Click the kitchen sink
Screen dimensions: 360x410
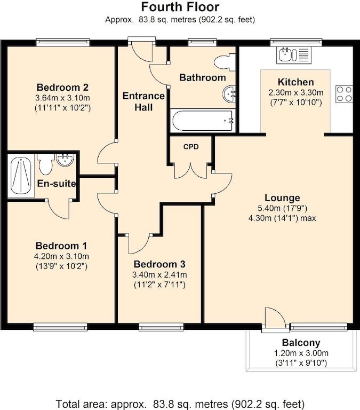[294, 55]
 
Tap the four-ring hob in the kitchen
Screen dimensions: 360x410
[344, 94]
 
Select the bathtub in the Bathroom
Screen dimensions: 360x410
[203, 121]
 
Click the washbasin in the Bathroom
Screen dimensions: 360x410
[229, 94]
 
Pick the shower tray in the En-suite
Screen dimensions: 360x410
[21, 176]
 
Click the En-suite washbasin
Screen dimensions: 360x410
[65, 160]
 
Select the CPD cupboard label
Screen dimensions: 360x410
[191, 147]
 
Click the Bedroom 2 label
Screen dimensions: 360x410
[62, 87]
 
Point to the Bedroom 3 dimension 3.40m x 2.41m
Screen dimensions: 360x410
[159, 275]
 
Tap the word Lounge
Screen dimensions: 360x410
[283, 198]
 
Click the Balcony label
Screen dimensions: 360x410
[301, 343]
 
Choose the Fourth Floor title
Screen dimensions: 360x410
[180, 7]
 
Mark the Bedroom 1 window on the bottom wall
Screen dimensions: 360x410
[60, 327]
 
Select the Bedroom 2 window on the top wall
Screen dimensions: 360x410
[63, 42]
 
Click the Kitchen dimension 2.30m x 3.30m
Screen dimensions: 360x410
[296, 92]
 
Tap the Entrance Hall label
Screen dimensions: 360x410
[143, 102]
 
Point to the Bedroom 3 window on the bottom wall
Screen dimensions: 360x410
[161, 327]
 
